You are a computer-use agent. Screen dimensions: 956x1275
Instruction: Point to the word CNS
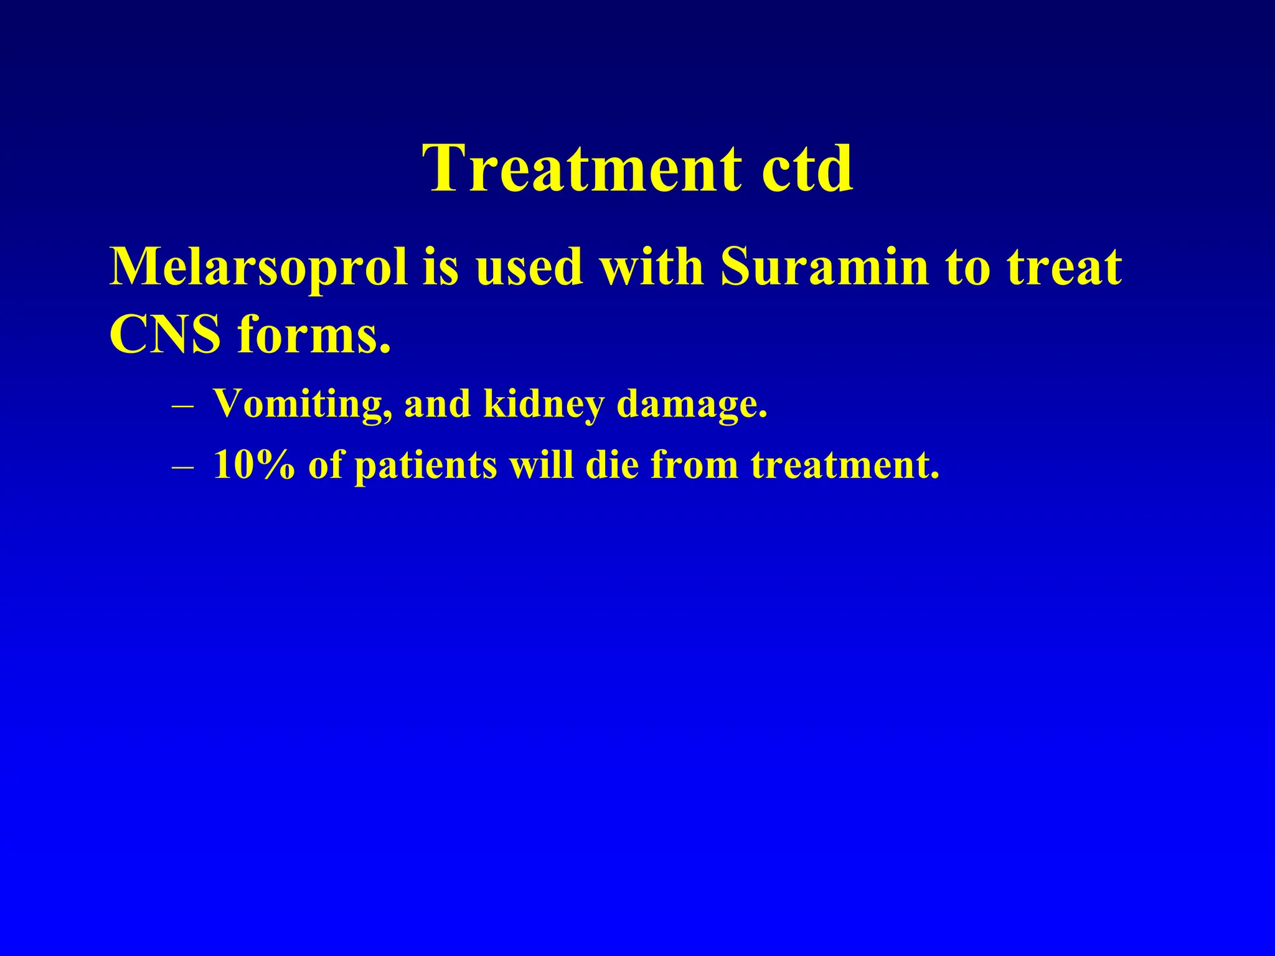coord(165,335)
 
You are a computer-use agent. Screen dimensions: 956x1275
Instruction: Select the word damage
coord(692,405)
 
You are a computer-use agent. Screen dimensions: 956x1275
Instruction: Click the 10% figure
coord(253,465)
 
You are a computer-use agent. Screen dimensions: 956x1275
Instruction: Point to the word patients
coord(426,465)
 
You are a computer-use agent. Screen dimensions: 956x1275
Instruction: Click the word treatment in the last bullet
coord(845,465)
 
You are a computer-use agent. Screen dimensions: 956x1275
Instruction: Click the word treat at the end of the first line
coord(1065,268)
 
